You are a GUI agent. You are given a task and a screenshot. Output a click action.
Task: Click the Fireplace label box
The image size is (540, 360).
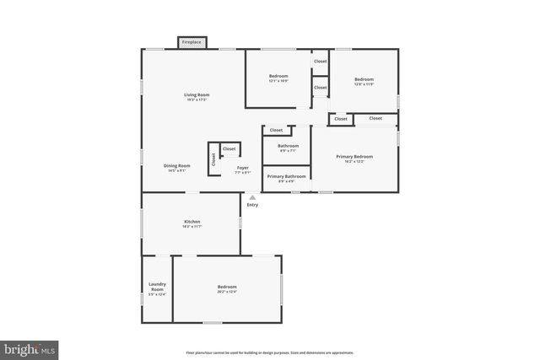point(191,41)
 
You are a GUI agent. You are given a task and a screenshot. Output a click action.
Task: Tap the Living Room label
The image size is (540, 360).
point(197,94)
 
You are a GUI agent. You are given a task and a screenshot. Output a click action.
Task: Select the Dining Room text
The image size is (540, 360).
point(176,165)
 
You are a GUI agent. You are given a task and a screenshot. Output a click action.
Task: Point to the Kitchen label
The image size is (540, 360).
point(192,221)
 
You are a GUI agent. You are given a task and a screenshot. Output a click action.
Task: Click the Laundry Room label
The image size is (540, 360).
point(157,287)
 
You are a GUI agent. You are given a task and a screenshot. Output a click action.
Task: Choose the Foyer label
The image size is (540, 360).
point(242,168)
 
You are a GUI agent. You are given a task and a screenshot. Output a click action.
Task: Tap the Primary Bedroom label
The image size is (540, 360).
point(354,157)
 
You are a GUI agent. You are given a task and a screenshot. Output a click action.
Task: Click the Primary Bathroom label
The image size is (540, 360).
point(286,176)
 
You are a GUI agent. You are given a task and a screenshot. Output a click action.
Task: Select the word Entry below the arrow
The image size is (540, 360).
point(252,205)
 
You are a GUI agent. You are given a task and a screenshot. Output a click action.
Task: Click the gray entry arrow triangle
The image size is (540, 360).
point(252,197)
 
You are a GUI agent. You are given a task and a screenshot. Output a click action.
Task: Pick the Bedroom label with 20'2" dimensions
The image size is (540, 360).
point(227,287)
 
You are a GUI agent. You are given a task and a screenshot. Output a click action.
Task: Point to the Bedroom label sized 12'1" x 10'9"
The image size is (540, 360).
point(278,77)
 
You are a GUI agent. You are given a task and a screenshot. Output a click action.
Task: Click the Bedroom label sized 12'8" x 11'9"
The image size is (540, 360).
point(364,79)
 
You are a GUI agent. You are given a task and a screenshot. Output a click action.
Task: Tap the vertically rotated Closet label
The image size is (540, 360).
point(213,159)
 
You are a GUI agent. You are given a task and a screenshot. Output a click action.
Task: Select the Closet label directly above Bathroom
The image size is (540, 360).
point(276,131)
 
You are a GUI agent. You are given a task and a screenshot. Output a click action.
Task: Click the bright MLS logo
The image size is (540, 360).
point(30,347)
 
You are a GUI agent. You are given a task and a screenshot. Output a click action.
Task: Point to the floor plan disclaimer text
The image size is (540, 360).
point(270,352)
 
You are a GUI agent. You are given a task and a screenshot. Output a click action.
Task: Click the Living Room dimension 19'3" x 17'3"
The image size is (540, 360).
point(197,100)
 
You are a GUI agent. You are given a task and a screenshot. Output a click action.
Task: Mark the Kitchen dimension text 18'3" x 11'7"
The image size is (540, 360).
point(192,227)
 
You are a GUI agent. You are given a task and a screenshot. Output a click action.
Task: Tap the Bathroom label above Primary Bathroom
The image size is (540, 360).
point(288,146)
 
